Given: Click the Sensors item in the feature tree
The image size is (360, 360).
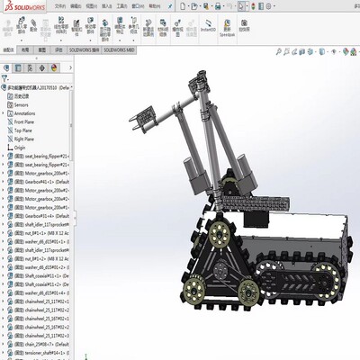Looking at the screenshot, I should pyautogui.click(x=21, y=105).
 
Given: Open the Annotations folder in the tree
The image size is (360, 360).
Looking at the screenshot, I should pyautogui.click(x=26, y=114).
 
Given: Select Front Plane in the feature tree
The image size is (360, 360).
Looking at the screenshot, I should pyautogui.click(x=27, y=122).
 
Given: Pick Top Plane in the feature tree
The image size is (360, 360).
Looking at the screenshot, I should pyautogui.click(x=25, y=130).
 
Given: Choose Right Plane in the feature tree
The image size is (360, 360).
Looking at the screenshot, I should pyautogui.click(x=27, y=139).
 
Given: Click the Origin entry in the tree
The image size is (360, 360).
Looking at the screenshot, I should pyautogui.click(x=20, y=148).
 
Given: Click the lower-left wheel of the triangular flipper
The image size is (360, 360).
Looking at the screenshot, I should pyautogui.click(x=192, y=290).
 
